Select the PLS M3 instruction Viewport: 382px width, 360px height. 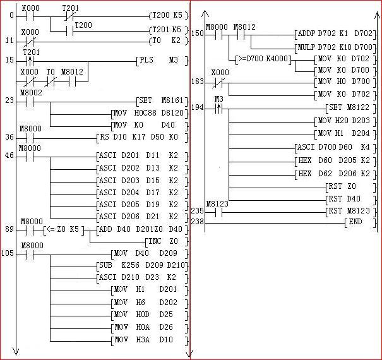pyautogui.click(x=162, y=61)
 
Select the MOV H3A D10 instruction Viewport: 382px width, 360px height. pyautogui.click(x=148, y=340)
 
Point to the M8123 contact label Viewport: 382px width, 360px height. pyautogui.click(x=217, y=203)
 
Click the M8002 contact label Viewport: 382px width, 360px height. pyautogui.click(x=31, y=93)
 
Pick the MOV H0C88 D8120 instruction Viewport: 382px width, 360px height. pyautogui.click(x=148, y=112)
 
